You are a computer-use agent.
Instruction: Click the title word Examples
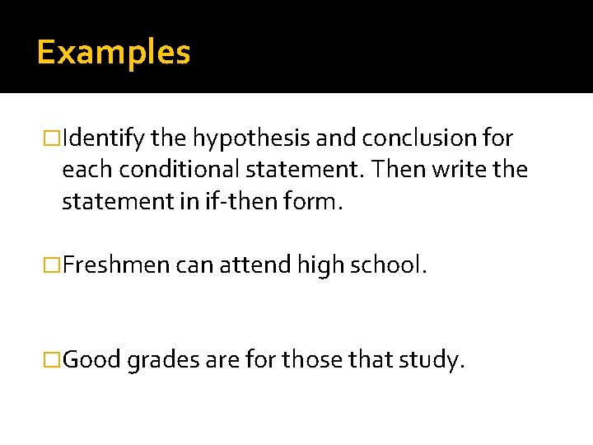click(114, 53)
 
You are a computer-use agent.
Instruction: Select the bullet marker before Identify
click(53, 137)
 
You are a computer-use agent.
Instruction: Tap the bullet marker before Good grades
click(53, 361)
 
